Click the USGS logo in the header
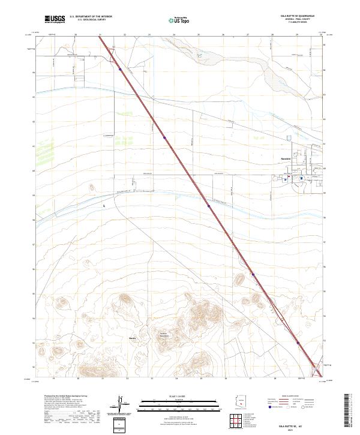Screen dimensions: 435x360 (x=55, y=19)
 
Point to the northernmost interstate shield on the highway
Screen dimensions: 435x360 (x=120, y=69)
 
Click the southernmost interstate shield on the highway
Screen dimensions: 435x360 (x=298, y=343)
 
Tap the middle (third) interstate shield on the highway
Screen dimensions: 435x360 (x=208, y=206)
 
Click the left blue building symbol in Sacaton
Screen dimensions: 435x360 (x=286, y=178)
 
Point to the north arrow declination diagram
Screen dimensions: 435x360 (x=119, y=403)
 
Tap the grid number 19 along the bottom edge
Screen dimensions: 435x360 (x=53, y=379)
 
